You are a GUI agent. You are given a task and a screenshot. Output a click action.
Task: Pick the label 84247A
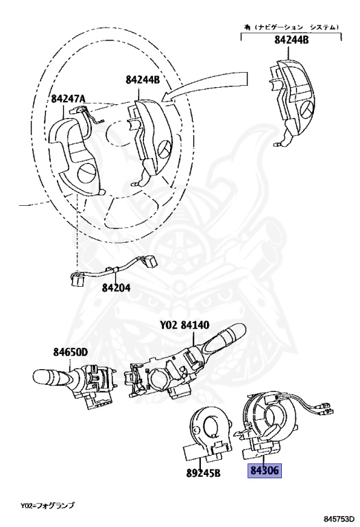(68, 99)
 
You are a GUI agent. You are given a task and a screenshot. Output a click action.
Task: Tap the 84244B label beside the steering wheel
(142, 80)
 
